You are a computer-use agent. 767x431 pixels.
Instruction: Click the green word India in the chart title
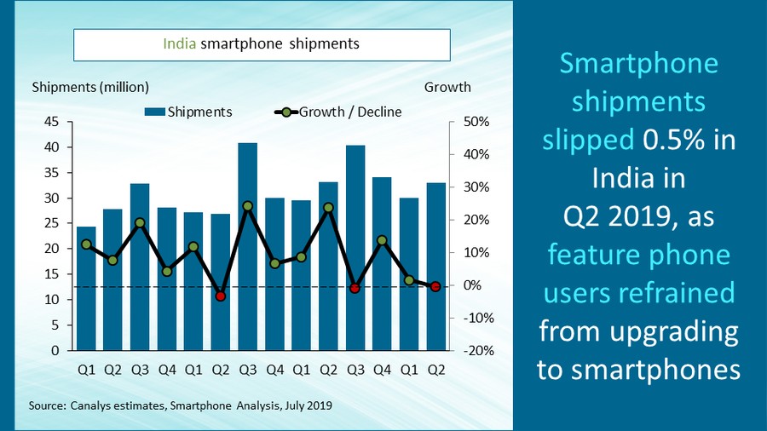pos(179,43)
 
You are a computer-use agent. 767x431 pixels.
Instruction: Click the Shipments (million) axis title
pos(90,87)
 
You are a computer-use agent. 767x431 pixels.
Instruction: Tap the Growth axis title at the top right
pos(447,87)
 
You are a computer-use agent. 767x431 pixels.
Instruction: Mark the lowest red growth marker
pos(221,296)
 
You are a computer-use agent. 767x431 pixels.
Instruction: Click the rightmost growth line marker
pos(435,287)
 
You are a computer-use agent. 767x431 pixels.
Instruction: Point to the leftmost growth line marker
pos(86,244)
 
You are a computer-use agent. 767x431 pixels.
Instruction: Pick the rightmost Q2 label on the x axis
pos(435,370)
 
